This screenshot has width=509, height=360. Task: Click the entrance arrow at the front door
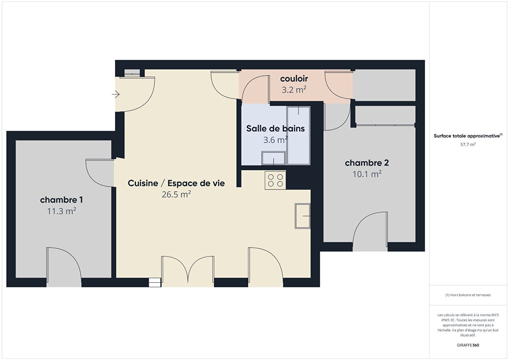(x=116, y=94)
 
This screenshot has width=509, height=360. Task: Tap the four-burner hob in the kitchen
(x=275, y=180)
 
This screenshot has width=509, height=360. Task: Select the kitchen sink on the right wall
(x=303, y=216)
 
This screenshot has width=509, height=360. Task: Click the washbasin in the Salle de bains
(x=274, y=158)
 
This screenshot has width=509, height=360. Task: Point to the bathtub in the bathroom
(x=299, y=135)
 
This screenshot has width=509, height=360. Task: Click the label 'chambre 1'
(x=61, y=200)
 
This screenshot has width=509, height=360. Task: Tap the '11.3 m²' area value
(x=61, y=211)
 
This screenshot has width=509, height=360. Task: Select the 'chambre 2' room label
(x=367, y=163)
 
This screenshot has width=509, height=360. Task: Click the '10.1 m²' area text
(x=367, y=174)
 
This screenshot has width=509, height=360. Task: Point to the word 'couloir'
(x=294, y=79)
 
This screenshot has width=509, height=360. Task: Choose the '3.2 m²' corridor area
(x=294, y=90)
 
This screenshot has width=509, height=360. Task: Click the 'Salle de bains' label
(x=276, y=129)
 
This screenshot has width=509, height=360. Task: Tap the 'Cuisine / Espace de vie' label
(x=176, y=183)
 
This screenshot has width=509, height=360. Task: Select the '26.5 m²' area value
(x=176, y=195)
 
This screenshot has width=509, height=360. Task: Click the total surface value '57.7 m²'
(x=468, y=144)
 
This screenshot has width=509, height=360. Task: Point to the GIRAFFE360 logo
(x=468, y=345)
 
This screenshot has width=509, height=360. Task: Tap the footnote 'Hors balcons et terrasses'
(x=470, y=295)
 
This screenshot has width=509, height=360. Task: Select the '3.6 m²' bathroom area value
(x=276, y=140)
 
